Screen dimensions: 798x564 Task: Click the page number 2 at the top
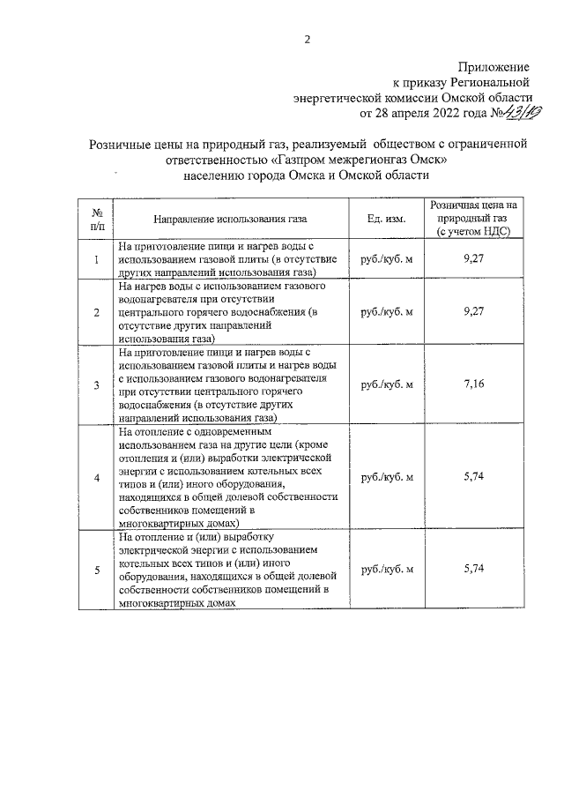[x=308, y=39]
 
